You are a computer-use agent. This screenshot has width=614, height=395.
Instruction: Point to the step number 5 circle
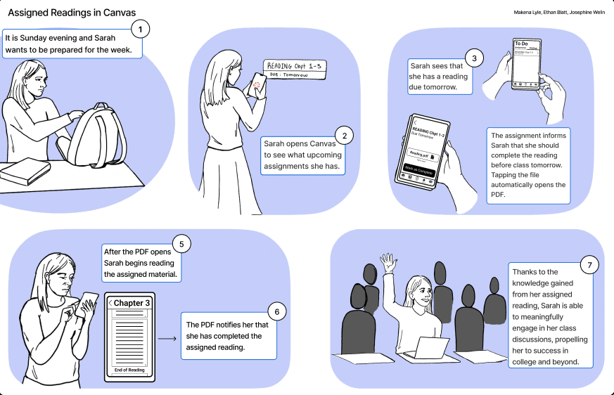(181, 245)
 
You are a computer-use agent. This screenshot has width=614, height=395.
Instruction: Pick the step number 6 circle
(277, 311)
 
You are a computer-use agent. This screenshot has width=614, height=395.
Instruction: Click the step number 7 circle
(589, 265)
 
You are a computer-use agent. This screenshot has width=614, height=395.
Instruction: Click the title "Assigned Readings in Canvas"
(72, 13)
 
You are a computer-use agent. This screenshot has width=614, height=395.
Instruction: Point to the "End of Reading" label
(129, 370)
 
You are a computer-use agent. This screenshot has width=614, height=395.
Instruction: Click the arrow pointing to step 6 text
(167, 339)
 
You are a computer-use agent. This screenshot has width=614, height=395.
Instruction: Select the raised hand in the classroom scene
(389, 264)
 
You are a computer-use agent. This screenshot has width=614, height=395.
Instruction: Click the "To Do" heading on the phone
(521, 44)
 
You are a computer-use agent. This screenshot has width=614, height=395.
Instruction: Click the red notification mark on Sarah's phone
(257, 85)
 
